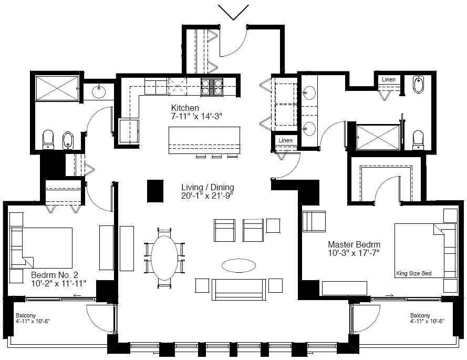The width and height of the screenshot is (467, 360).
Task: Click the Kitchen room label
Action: coord(185,108)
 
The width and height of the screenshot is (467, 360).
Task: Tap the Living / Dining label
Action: coord(207,187)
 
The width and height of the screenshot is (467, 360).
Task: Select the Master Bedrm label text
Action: coord(354,244)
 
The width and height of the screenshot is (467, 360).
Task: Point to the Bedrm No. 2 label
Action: coord(55,274)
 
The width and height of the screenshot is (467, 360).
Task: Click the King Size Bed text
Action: coord(414,273)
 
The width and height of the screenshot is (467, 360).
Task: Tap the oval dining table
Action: coord(164,258)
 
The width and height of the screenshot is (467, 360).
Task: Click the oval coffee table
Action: coord(238,265)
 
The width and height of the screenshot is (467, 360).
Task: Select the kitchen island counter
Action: coord(204,140)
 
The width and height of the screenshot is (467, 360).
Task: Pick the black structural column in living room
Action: coord(155,191)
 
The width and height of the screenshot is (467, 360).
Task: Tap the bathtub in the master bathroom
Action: coord(419,84)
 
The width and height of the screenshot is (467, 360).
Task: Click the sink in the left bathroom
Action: coord(99,91)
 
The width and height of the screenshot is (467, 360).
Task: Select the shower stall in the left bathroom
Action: coord(57,88)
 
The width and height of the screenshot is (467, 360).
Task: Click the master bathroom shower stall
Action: coord(378,137)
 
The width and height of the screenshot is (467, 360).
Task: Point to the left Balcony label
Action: coord(26,315)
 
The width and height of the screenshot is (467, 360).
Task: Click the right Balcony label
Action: coord(420,315)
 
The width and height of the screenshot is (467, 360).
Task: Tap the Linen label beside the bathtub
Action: coord(388,79)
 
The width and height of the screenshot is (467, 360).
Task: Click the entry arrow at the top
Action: coord(233,13)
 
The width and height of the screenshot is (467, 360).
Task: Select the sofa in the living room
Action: coord(239,290)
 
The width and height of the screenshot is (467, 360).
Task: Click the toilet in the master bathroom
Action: coord(418,140)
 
